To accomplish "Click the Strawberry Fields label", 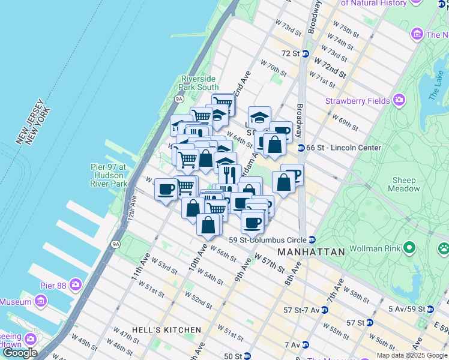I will tap(358, 101).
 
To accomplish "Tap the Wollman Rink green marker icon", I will tap(411, 247).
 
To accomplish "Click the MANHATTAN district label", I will tap(311, 252).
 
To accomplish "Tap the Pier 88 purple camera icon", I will tap(76, 284).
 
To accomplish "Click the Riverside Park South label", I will tap(199, 83).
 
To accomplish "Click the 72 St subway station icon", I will tap(305, 53).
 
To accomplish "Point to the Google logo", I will tap(20, 353).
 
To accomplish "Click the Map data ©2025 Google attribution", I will tap(412, 355).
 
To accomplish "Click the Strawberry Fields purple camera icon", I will tap(399, 101).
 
